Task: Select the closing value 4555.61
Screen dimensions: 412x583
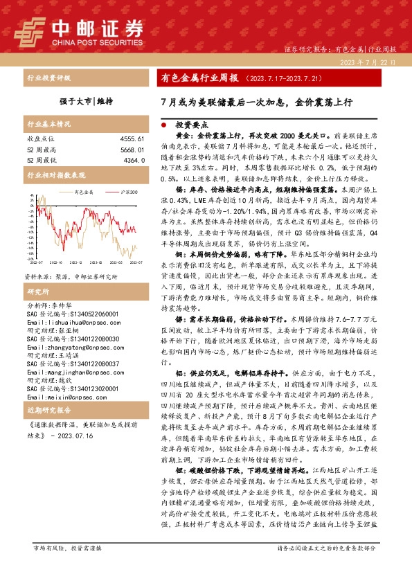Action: (129, 139)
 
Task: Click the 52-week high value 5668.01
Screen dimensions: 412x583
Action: (129, 149)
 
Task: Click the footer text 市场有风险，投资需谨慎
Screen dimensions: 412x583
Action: (66, 568)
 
